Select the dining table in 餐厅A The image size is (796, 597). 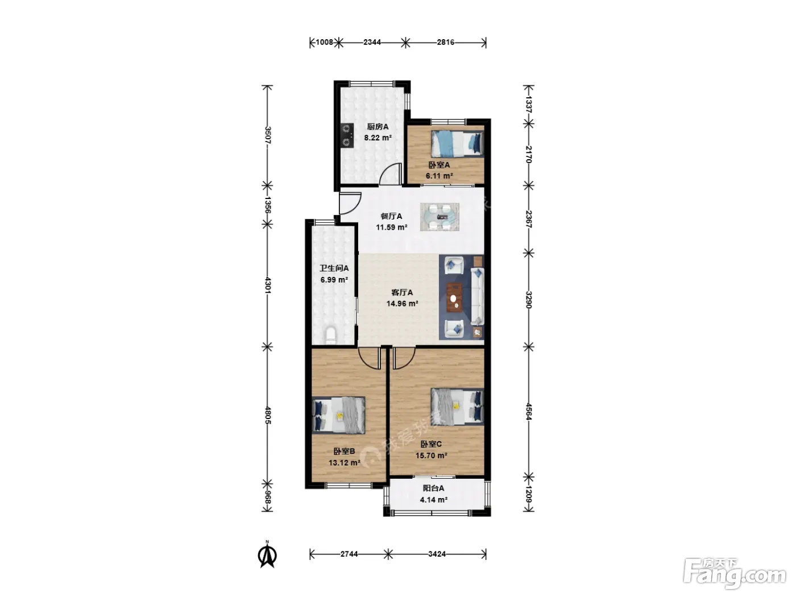[440, 217]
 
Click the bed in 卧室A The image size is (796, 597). [457, 143]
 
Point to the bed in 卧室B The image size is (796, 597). [339, 416]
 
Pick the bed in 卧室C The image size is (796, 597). [457, 407]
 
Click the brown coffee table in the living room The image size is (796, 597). [454, 297]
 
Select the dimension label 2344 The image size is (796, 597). [372, 43]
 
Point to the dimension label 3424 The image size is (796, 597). [437, 554]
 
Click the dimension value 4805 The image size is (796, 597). [268, 416]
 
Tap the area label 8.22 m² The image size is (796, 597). [378, 138]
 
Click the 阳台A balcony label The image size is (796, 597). [433, 488]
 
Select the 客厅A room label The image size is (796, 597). [402, 292]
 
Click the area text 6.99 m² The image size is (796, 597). [334, 280]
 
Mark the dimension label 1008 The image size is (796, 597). [324, 43]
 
